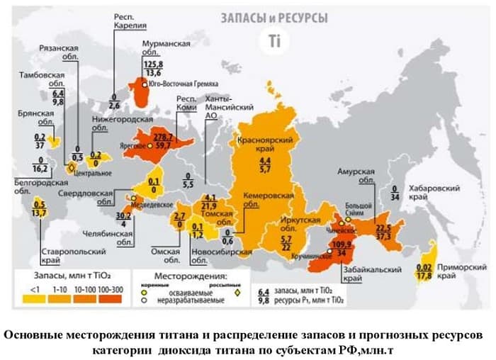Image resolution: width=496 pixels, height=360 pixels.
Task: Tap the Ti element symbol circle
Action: tap(275, 41)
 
